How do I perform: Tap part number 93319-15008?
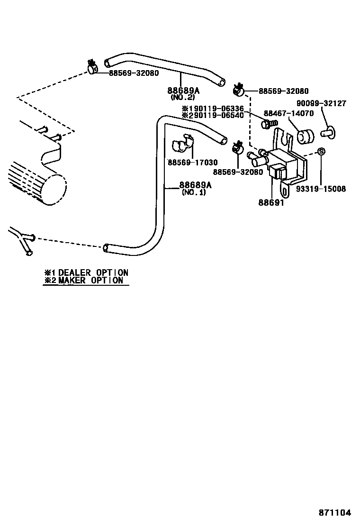[321, 189]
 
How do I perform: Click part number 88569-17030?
[193, 163]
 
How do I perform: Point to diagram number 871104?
[334, 513]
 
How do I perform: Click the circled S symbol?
[321, 152]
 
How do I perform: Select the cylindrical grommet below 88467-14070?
[305, 136]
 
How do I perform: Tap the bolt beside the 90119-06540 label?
[267, 124]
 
